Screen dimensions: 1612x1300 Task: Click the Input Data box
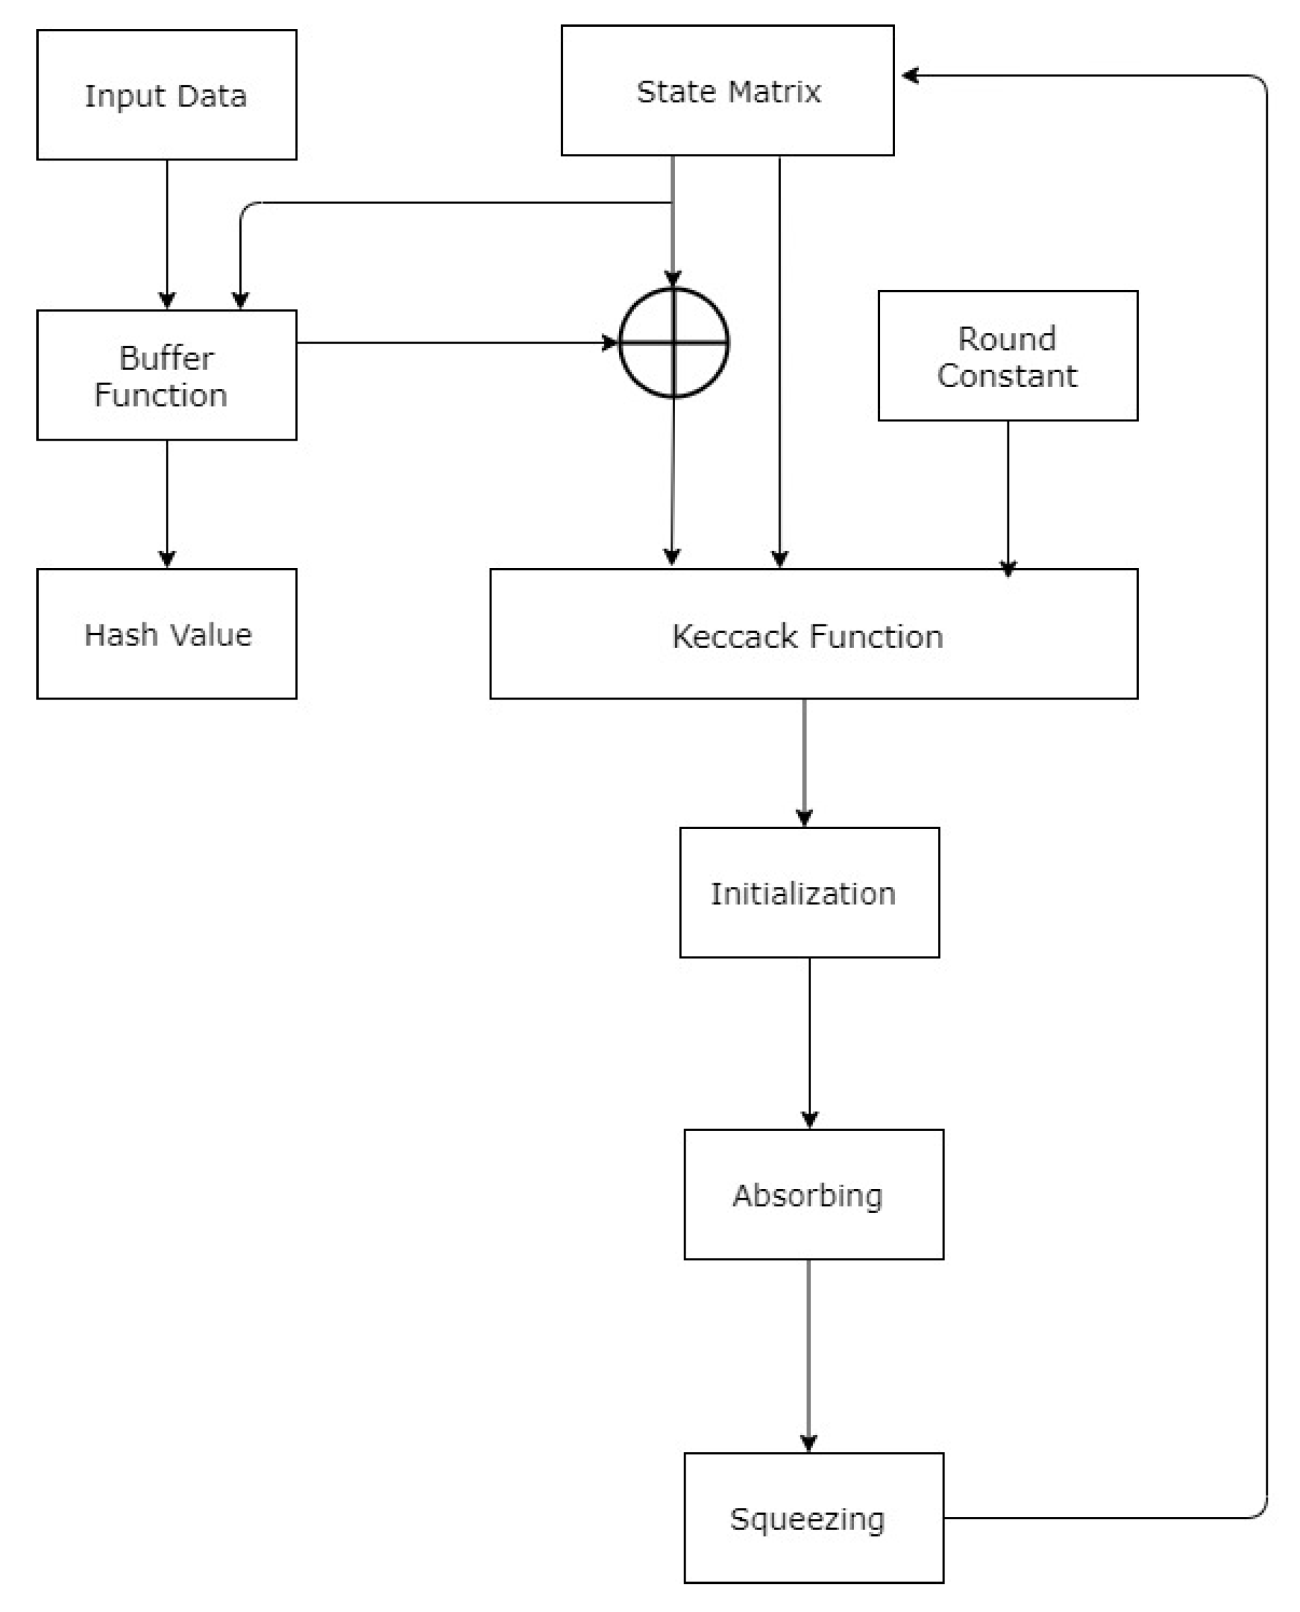166,95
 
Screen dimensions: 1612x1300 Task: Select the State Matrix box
727,91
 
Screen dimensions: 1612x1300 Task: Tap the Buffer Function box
166,375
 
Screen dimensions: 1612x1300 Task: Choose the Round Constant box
1007,356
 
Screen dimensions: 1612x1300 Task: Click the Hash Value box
166,634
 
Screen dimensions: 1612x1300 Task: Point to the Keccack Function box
813,634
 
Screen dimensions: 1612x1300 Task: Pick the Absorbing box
813,1194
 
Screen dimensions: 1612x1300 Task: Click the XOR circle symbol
673,342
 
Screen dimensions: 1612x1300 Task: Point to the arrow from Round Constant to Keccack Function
1007,494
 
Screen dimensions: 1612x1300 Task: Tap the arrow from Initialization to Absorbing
809,1041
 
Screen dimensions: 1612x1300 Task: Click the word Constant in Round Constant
1007,375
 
